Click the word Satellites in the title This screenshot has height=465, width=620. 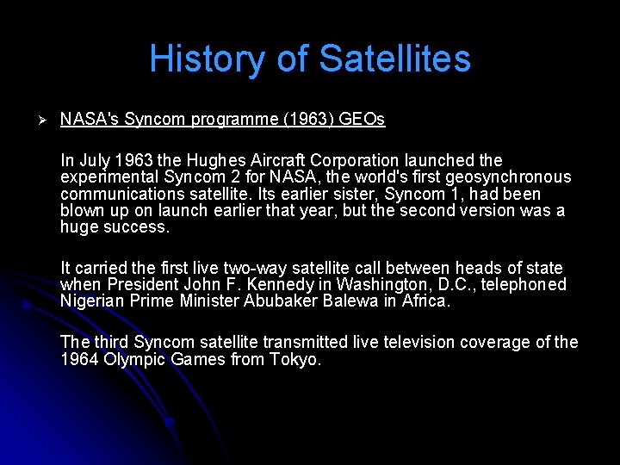pos(394,59)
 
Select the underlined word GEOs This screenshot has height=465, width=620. pos(362,120)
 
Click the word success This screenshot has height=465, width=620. pos(139,227)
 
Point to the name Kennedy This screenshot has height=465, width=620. pos(301,285)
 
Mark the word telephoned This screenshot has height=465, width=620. pos(525,285)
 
